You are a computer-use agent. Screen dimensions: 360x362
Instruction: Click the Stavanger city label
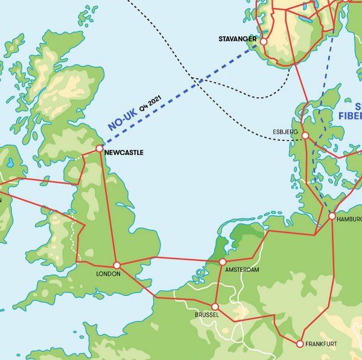(237, 40)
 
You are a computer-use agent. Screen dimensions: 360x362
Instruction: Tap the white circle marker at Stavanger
(263, 41)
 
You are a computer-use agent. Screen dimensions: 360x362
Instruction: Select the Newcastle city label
(124, 153)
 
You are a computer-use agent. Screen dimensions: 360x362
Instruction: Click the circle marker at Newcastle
(100, 147)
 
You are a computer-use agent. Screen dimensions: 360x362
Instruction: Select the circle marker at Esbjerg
(305, 136)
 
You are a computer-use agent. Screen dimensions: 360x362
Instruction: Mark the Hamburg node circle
(332, 216)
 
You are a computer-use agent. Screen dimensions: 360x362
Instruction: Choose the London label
(108, 274)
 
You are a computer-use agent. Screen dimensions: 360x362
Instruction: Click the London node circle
(117, 265)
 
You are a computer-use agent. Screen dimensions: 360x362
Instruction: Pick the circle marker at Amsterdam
(223, 262)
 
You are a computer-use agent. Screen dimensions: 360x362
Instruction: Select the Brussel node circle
(215, 307)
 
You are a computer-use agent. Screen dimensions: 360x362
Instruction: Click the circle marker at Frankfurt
(299, 344)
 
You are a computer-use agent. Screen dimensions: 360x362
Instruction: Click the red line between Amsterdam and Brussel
(219, 284)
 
